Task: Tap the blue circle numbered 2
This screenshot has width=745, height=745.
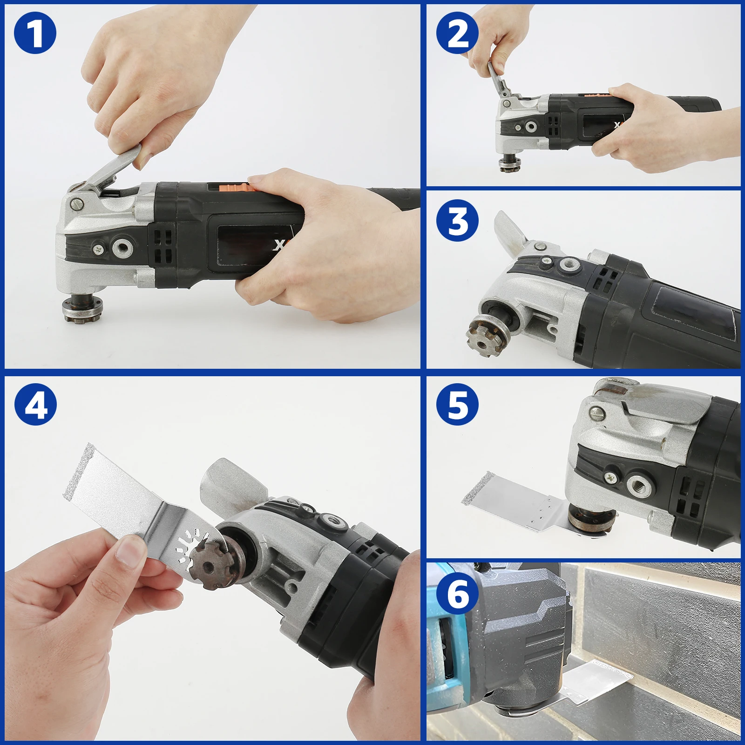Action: coord(458,33)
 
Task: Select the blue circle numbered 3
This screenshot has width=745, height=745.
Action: coord(458,220)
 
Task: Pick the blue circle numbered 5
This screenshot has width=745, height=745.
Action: coord(458,404)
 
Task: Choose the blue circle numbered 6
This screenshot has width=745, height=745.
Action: coord(458,593)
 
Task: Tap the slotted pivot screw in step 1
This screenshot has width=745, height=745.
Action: coord(77,203)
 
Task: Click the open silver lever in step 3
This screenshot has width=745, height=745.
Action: coord(510,233)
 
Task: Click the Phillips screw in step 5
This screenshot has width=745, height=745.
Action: coord(612,477)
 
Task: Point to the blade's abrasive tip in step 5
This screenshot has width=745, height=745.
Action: coord(474,490)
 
